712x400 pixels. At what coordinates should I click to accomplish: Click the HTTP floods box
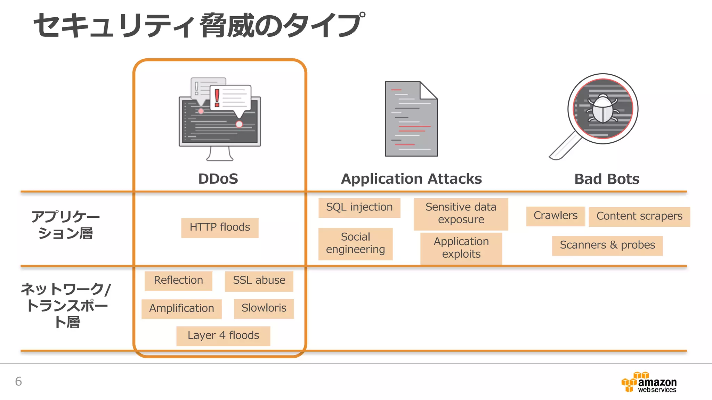point(220,228)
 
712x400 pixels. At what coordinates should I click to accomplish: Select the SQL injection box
point(359,208)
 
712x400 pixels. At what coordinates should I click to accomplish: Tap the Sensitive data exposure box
point(461,214)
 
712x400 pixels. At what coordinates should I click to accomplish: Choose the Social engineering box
point(355,243)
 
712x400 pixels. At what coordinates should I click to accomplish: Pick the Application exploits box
point(461,248)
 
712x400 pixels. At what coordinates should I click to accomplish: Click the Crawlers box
point(555,216)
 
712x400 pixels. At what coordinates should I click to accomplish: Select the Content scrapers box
point(639,216)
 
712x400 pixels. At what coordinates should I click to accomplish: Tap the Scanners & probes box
point(607,245)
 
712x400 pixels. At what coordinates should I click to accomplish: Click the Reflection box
point(178,281)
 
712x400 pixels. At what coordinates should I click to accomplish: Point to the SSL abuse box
point(259,281)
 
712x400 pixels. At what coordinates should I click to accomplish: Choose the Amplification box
point(181,309)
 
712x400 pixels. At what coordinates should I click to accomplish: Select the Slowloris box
point(264,308)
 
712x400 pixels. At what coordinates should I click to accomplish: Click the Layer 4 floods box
point(223,336)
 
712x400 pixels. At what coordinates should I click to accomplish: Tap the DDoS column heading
point(218,179)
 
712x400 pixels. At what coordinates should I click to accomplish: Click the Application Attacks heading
point(411,179)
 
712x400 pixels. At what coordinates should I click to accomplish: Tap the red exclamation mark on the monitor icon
point(217,98)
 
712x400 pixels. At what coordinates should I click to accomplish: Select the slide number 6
point(18,382)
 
